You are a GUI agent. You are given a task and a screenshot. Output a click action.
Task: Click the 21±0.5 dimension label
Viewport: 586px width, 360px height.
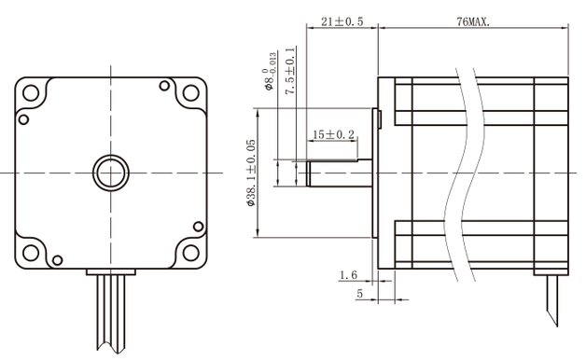coord(342,21)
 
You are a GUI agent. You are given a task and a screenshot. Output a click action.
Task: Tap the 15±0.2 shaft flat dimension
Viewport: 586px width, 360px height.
coord(333,134)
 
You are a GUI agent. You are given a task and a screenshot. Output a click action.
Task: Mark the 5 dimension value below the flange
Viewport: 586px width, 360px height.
coord(359,294)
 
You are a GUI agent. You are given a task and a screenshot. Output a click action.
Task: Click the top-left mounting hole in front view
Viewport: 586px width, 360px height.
coord(31,93)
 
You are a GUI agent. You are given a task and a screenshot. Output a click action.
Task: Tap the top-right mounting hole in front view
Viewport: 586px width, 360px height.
coord(189,93)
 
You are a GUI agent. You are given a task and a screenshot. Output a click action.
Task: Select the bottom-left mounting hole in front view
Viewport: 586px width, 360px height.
coord(31,252)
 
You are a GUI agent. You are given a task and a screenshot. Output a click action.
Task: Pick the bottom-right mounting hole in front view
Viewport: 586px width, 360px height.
coord(189,252)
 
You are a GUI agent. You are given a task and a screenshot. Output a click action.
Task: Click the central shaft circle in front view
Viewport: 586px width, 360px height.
coord(110,172)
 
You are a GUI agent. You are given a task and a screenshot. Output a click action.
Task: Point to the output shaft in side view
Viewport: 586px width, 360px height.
coord(336,173)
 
